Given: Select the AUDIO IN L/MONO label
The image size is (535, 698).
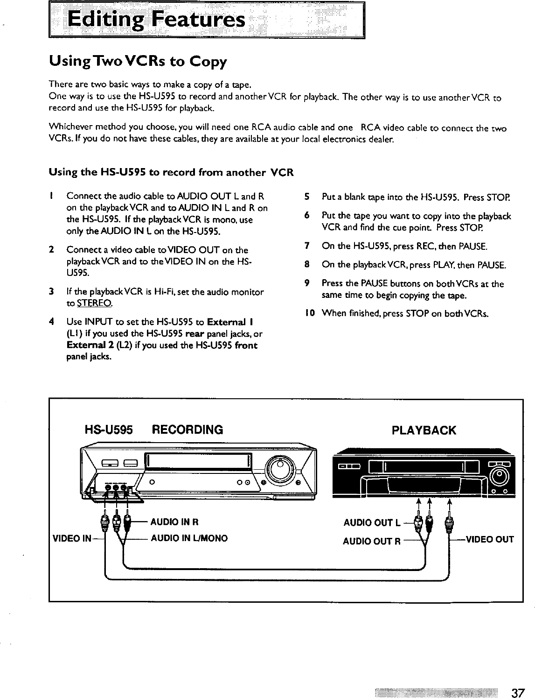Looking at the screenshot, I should pyautogui.click(x=188, y=538).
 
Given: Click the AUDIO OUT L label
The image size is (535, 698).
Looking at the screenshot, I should pyautogui.click(x=371, y=522).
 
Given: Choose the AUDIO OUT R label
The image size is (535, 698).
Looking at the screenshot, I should pyautogui.click(x=372, y=542).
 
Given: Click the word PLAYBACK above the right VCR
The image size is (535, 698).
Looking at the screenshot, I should pyautogui.click(x=424, y=430).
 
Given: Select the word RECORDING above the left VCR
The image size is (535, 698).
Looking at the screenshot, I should pyautogui.click(x=188, y=430).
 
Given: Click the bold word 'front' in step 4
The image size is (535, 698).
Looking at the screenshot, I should pyautogui.click(x=246, y=345).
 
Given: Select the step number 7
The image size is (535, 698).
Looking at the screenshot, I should pyautogui.click(x=307, y=246).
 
